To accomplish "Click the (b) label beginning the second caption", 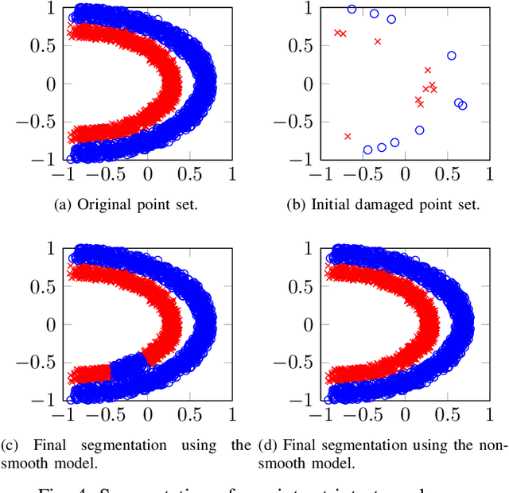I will pyautogui.click(x=296, y=204).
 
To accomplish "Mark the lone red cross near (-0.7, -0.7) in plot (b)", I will pyautogui.click(x=348, y=136).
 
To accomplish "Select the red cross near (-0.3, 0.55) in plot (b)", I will pyautogui.click(x=378, y=41).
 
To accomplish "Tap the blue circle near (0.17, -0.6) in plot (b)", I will pyautogui.click(x=419, y=130).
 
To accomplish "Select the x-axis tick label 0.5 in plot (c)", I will pyautogui.click(x=189, y=414).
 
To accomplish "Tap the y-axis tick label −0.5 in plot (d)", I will pyautogui.click(x=297, y=363).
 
